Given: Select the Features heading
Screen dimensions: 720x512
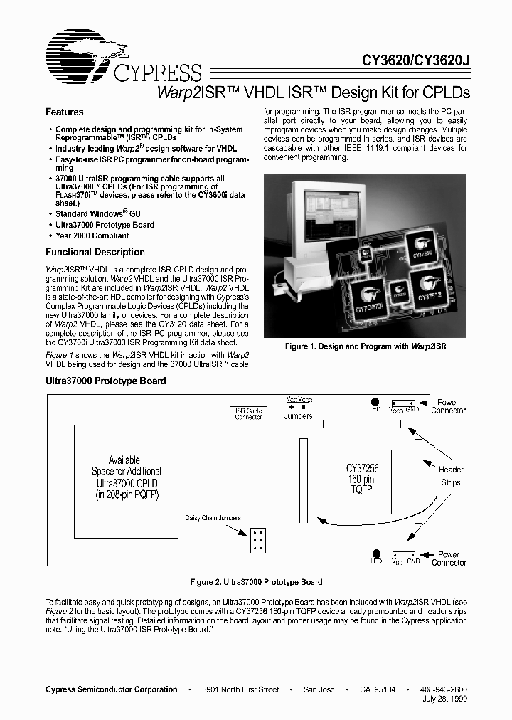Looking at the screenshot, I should click(64, 112).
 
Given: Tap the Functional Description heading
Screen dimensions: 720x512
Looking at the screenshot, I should click(95, 252).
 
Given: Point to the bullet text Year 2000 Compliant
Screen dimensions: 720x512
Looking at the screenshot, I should click(92, 235).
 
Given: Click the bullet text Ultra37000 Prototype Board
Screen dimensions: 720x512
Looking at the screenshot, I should click(105, 225).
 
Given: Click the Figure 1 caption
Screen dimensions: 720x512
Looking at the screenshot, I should click(365, 346).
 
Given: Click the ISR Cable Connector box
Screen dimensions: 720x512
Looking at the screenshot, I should click(249, 413).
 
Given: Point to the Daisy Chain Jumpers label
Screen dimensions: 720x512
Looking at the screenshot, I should click(213, 518).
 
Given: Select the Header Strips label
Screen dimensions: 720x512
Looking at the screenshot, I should click(451, 476).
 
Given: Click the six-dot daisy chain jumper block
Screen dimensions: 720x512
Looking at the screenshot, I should click(257, 540).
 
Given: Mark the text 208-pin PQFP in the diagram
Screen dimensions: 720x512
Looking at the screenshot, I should click(127, 493).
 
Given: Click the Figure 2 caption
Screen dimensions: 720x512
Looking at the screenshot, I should click(256, 582).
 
